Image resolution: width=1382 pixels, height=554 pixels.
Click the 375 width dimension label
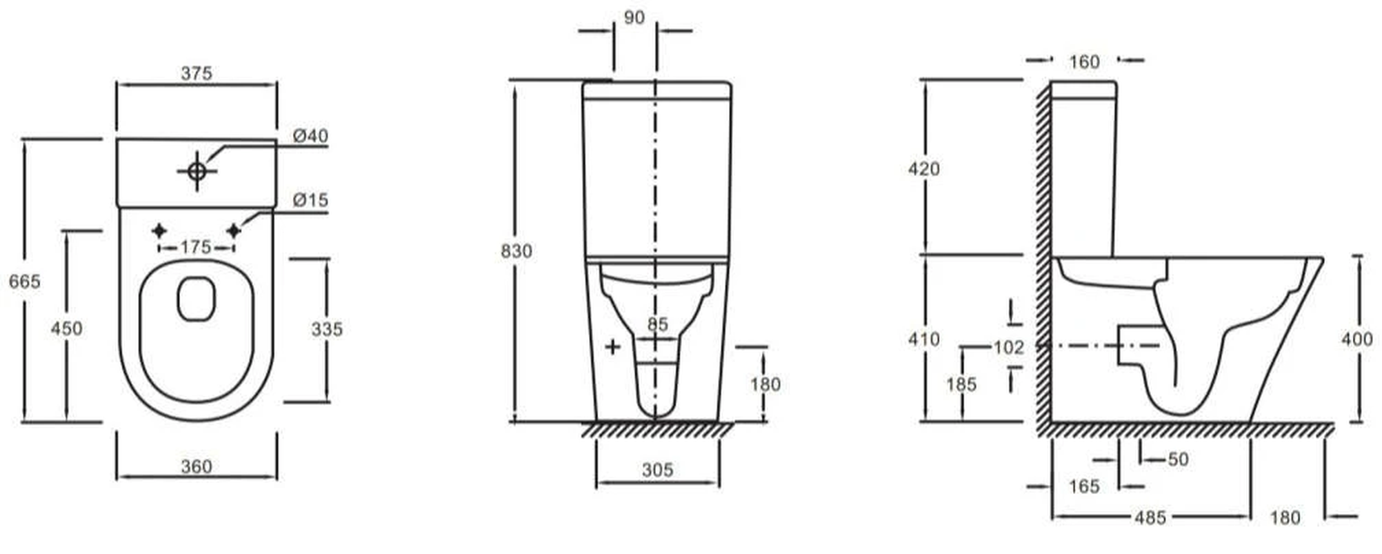click(197, 73)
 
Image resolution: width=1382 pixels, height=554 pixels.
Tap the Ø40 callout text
click(310, 136)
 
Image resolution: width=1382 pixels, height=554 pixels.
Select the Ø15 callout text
click(310, 200)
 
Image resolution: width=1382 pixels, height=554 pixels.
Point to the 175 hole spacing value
click(196, 246)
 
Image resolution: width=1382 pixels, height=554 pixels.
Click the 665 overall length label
click(24, 281)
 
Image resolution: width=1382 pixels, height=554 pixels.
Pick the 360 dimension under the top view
click(197, 467)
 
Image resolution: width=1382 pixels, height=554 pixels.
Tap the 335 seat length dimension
click(327, 329)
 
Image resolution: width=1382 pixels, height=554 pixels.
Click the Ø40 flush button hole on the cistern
click(197, 170)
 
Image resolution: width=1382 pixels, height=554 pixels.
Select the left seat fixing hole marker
click(159, 230)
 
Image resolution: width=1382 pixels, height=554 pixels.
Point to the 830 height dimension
click(517, 251)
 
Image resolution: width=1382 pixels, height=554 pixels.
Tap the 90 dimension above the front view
click(634, 17)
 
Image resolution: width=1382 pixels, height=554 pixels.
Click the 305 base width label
click(657, 470)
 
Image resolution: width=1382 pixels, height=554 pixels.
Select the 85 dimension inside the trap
click(658, 324)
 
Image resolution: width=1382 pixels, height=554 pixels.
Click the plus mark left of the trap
click(612, 346)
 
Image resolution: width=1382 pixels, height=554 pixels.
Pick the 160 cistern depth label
click(1084, 62)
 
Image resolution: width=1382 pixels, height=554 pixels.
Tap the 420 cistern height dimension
click(924, 168)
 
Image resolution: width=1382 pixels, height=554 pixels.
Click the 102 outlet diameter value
click(1008, 347)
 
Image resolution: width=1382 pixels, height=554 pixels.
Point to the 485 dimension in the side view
click(1150, 517)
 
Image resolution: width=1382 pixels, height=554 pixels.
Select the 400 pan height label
click(1356, 339)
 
